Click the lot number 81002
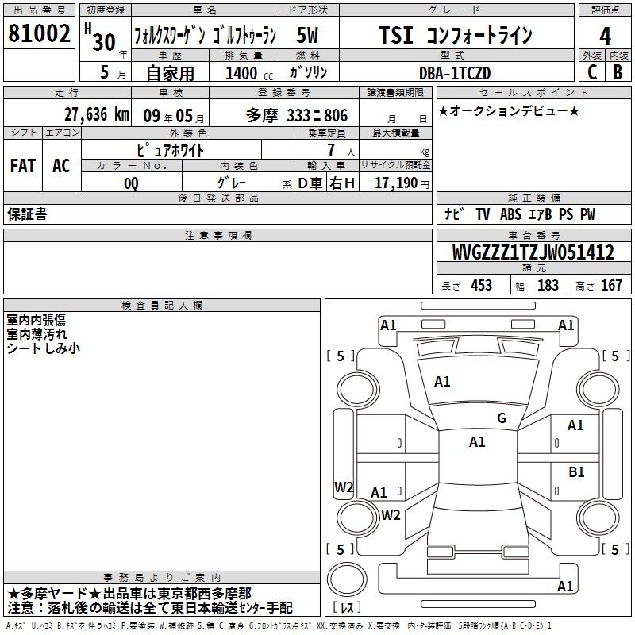coord(39,33)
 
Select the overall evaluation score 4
coord(605,37)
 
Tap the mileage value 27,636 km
coord(96,114)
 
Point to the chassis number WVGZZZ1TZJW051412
coord(533,252)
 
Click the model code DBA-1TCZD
coord(455,73)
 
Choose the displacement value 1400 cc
coord(249,73)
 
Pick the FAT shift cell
coord(23,166)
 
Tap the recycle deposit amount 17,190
coord(396,183)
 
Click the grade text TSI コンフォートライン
coord(456,35)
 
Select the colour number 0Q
coord(131,183)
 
